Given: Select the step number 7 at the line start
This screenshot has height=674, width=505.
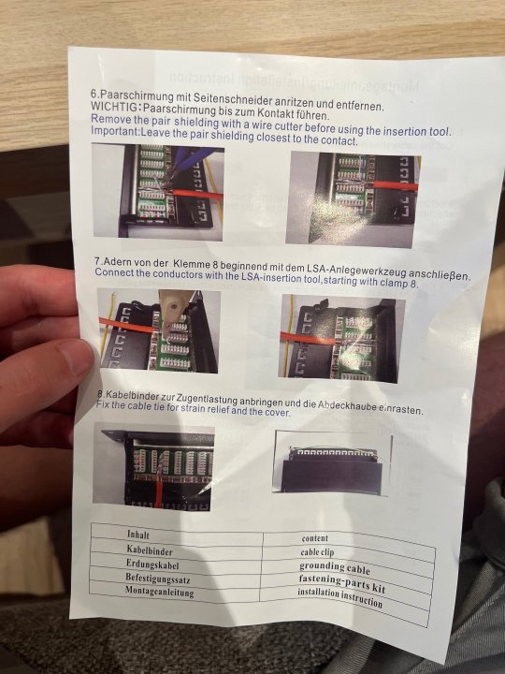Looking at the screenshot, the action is click(x=97, y=261).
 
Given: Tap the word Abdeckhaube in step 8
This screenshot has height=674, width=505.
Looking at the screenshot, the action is click(x=347, y=406).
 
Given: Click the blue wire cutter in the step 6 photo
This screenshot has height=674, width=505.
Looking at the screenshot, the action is click(x=185, y=160).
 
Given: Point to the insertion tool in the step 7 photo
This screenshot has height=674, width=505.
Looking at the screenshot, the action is click(x=168, y=311).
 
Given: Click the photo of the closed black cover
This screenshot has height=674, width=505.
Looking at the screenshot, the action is click(x=331, y=463).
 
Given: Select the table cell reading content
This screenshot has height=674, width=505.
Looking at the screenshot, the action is click(x=315, y=538).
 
